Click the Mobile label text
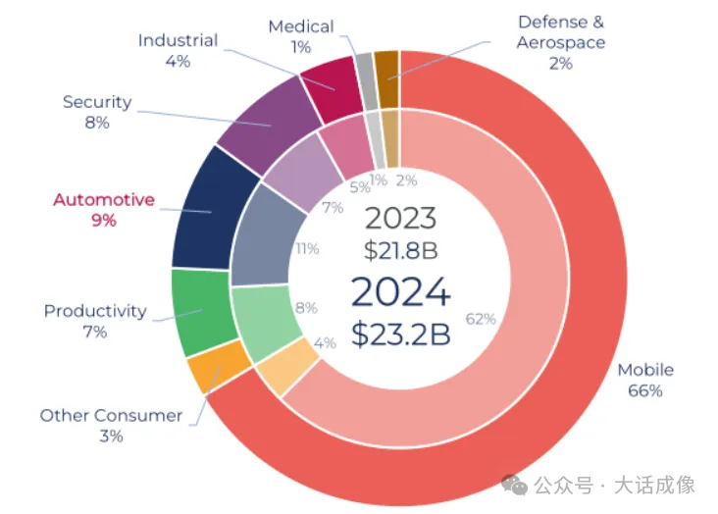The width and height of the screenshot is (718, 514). pos(644,370)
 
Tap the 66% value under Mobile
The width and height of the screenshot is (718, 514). pos(644,390)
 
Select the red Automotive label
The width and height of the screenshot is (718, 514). pos(104,200)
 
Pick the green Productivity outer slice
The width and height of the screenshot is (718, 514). pos(200,312)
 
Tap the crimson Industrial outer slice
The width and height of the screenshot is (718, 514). pos(330,85)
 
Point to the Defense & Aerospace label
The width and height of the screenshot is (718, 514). pos(561,31)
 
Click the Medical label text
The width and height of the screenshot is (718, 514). pos(301,26)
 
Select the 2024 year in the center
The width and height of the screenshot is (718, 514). pos(400,292)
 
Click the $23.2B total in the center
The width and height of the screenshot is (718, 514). pos(400,334)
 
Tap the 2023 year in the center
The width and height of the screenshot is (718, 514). pos(400,219)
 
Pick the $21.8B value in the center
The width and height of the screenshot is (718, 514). pos(400,250)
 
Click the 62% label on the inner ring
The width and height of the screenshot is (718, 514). pos(481,319)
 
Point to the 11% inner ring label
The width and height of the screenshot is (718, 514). pos(307,249)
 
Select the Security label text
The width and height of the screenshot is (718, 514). pos(97,102)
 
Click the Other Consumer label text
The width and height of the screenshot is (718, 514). pos(111,415)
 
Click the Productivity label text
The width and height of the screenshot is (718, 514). pos(95,311)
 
